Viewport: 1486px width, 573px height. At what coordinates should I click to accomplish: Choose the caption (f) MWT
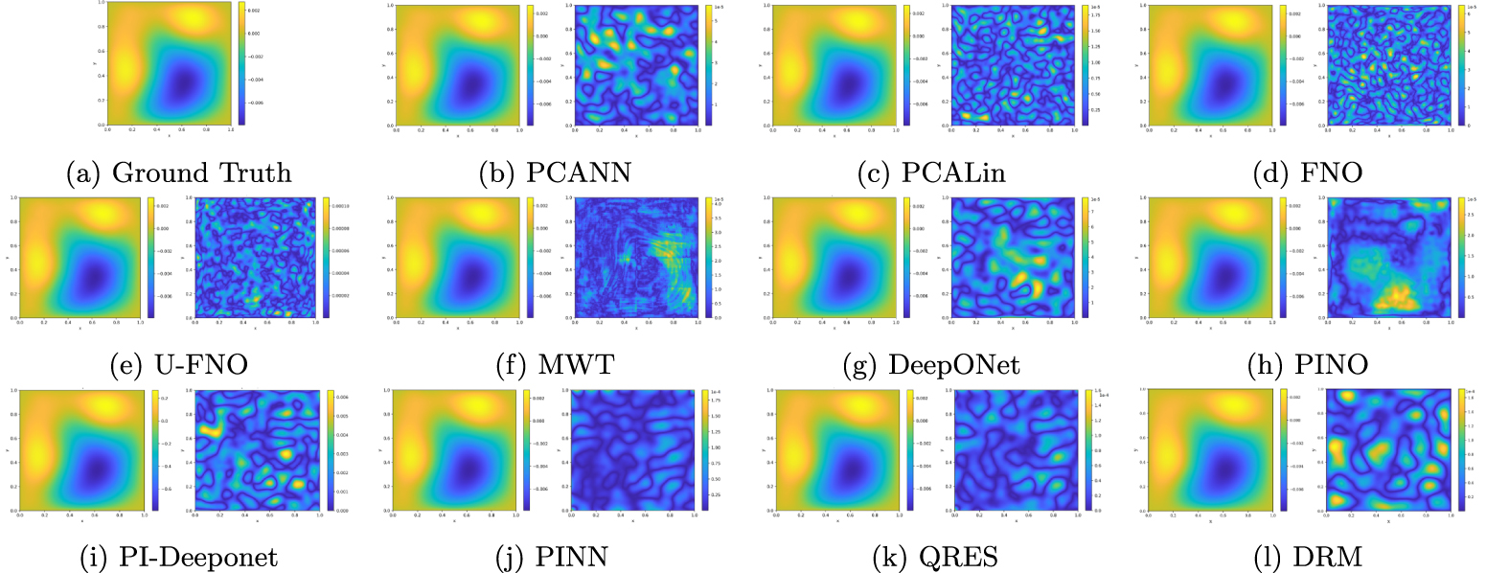click(x=545, y=364)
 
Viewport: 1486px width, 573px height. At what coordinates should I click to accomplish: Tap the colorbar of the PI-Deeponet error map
click(x=330, y=448)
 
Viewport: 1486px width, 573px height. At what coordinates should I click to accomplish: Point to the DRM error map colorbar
click(x=1461, y=448)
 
